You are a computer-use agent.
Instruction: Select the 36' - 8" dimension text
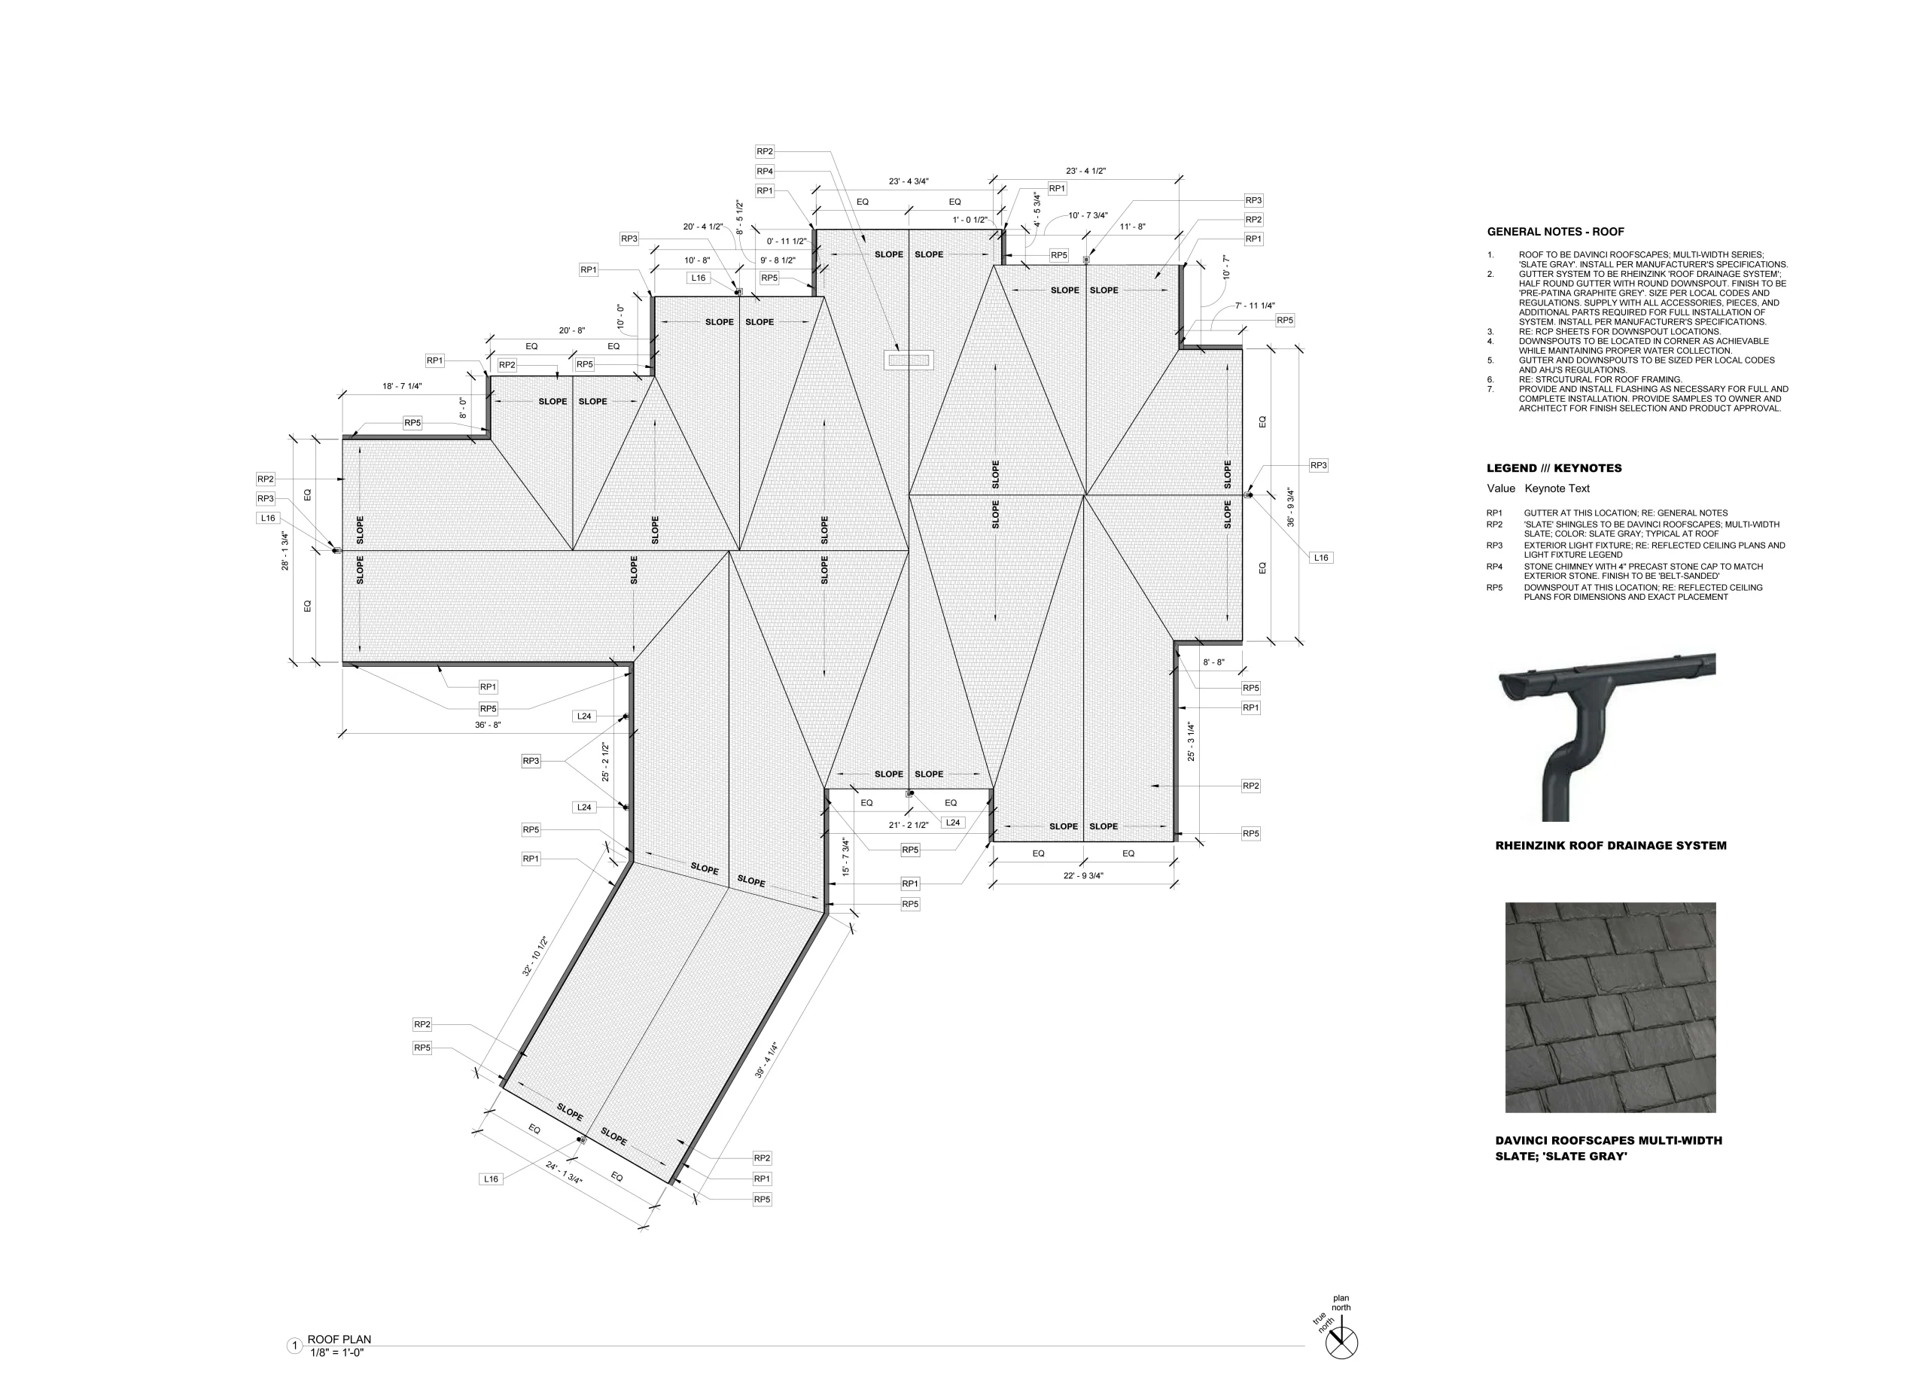pyautogui.click(x=488, y=725)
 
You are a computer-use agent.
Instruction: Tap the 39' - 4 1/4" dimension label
pyautogui.click(x=766, y=1060)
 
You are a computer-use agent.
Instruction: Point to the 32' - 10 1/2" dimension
pyautogui.click(x=535, y=957)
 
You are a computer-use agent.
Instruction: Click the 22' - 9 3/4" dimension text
pyautogui.click(x=1083, y=876)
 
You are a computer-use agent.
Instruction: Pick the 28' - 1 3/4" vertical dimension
pyautogui.click(x=285, y=551)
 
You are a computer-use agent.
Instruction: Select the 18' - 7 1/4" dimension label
pyautogui.click(x=402, y=387)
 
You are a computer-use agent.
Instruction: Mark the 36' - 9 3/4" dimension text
pyautogui.click(x=1291, y=507)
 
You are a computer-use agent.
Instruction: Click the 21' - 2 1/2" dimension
pyautogui.click(x=909, y=825)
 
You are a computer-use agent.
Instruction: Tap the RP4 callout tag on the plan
pyautogui.click(x=765, y=172)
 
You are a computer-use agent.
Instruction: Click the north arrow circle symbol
pyautogui.click(x=1341, y=1343)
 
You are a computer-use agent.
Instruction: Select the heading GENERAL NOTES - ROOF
pyautogui.click(x=1556, y=232)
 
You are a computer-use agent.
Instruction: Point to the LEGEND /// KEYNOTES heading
pyautogui.click(x=1554, y=468)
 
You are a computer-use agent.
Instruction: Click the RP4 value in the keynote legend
pyautogui.click(x=1494, y=567)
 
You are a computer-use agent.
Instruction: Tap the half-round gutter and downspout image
pyautogui.click(x=1606, y=735)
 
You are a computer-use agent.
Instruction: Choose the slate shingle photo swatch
pyautogui.click(x=1610, y=1008)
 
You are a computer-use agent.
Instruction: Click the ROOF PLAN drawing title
pyautogui.click(x=339, y=1340)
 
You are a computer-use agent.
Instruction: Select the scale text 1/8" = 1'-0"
pyautogui.click(x=337, y=1353)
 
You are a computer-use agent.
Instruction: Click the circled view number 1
pyautogui.click(x=295, y=1346)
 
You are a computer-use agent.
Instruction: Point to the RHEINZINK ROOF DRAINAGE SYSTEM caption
pyautogui.click(x=1611, y=846)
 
